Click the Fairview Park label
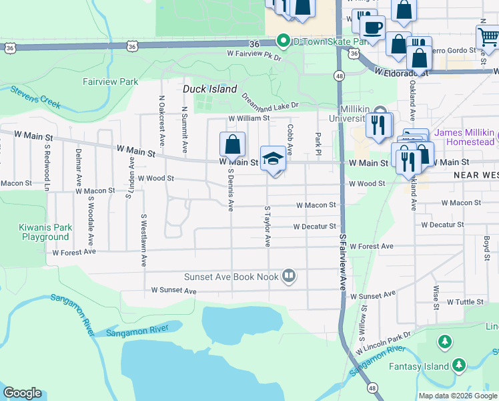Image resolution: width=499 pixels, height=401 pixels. [x=110, y=82]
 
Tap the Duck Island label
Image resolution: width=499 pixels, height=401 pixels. [x=210, y=89]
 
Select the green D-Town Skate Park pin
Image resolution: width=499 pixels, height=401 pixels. [x=284, y=41]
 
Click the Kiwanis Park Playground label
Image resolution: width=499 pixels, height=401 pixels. [x=45, y=232]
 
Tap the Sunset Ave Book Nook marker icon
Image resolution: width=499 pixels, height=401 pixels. [x=289, y=275]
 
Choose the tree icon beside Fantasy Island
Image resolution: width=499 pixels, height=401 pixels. [x=459, y=365]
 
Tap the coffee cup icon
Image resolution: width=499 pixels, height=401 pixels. [x=372, y=27]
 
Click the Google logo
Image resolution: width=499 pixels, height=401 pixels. [x=23, y=393]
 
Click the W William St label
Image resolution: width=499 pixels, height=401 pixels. [x=249, y=118]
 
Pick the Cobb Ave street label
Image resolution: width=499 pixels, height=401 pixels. [x=290, y=138]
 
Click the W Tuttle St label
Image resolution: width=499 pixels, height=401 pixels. [x=465, y=302]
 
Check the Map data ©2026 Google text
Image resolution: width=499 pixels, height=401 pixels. [x=457, y=395]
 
